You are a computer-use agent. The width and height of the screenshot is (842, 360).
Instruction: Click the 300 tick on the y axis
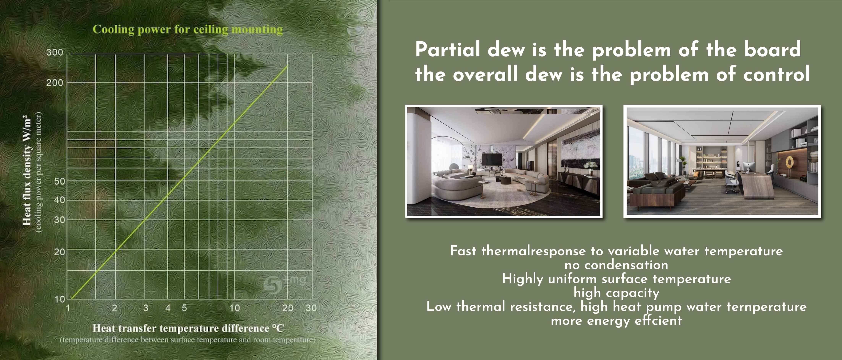(55, 52)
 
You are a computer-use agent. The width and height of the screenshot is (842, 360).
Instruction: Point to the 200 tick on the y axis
(55, 83)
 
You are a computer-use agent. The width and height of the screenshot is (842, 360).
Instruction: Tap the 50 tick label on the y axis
(59, 181)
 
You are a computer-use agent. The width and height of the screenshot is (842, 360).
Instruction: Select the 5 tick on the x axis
(184, 308)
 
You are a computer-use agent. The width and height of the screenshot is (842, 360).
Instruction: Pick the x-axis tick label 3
(146, 308)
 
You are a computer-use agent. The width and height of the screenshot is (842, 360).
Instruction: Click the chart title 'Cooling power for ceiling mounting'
(188, 29)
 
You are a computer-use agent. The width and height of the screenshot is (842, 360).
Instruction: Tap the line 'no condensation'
(616, 265)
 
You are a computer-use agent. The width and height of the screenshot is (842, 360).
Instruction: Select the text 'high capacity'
(616, 293)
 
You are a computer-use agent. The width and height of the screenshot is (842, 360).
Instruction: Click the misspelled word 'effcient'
(659, 320)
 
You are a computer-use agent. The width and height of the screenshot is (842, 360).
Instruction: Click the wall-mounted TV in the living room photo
(492, 159)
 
